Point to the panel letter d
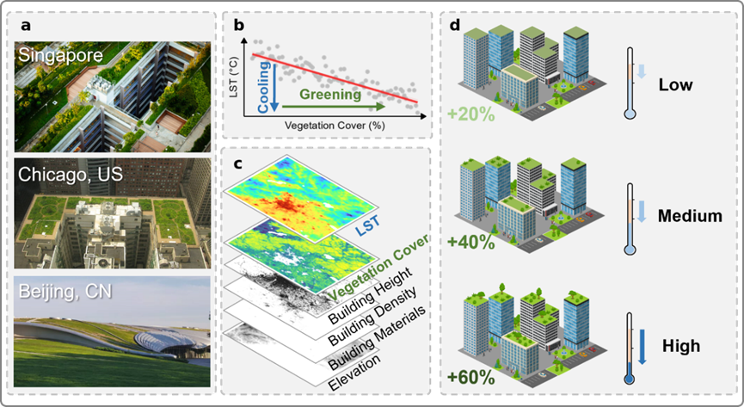pos(456,25)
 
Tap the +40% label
pos(470,242)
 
